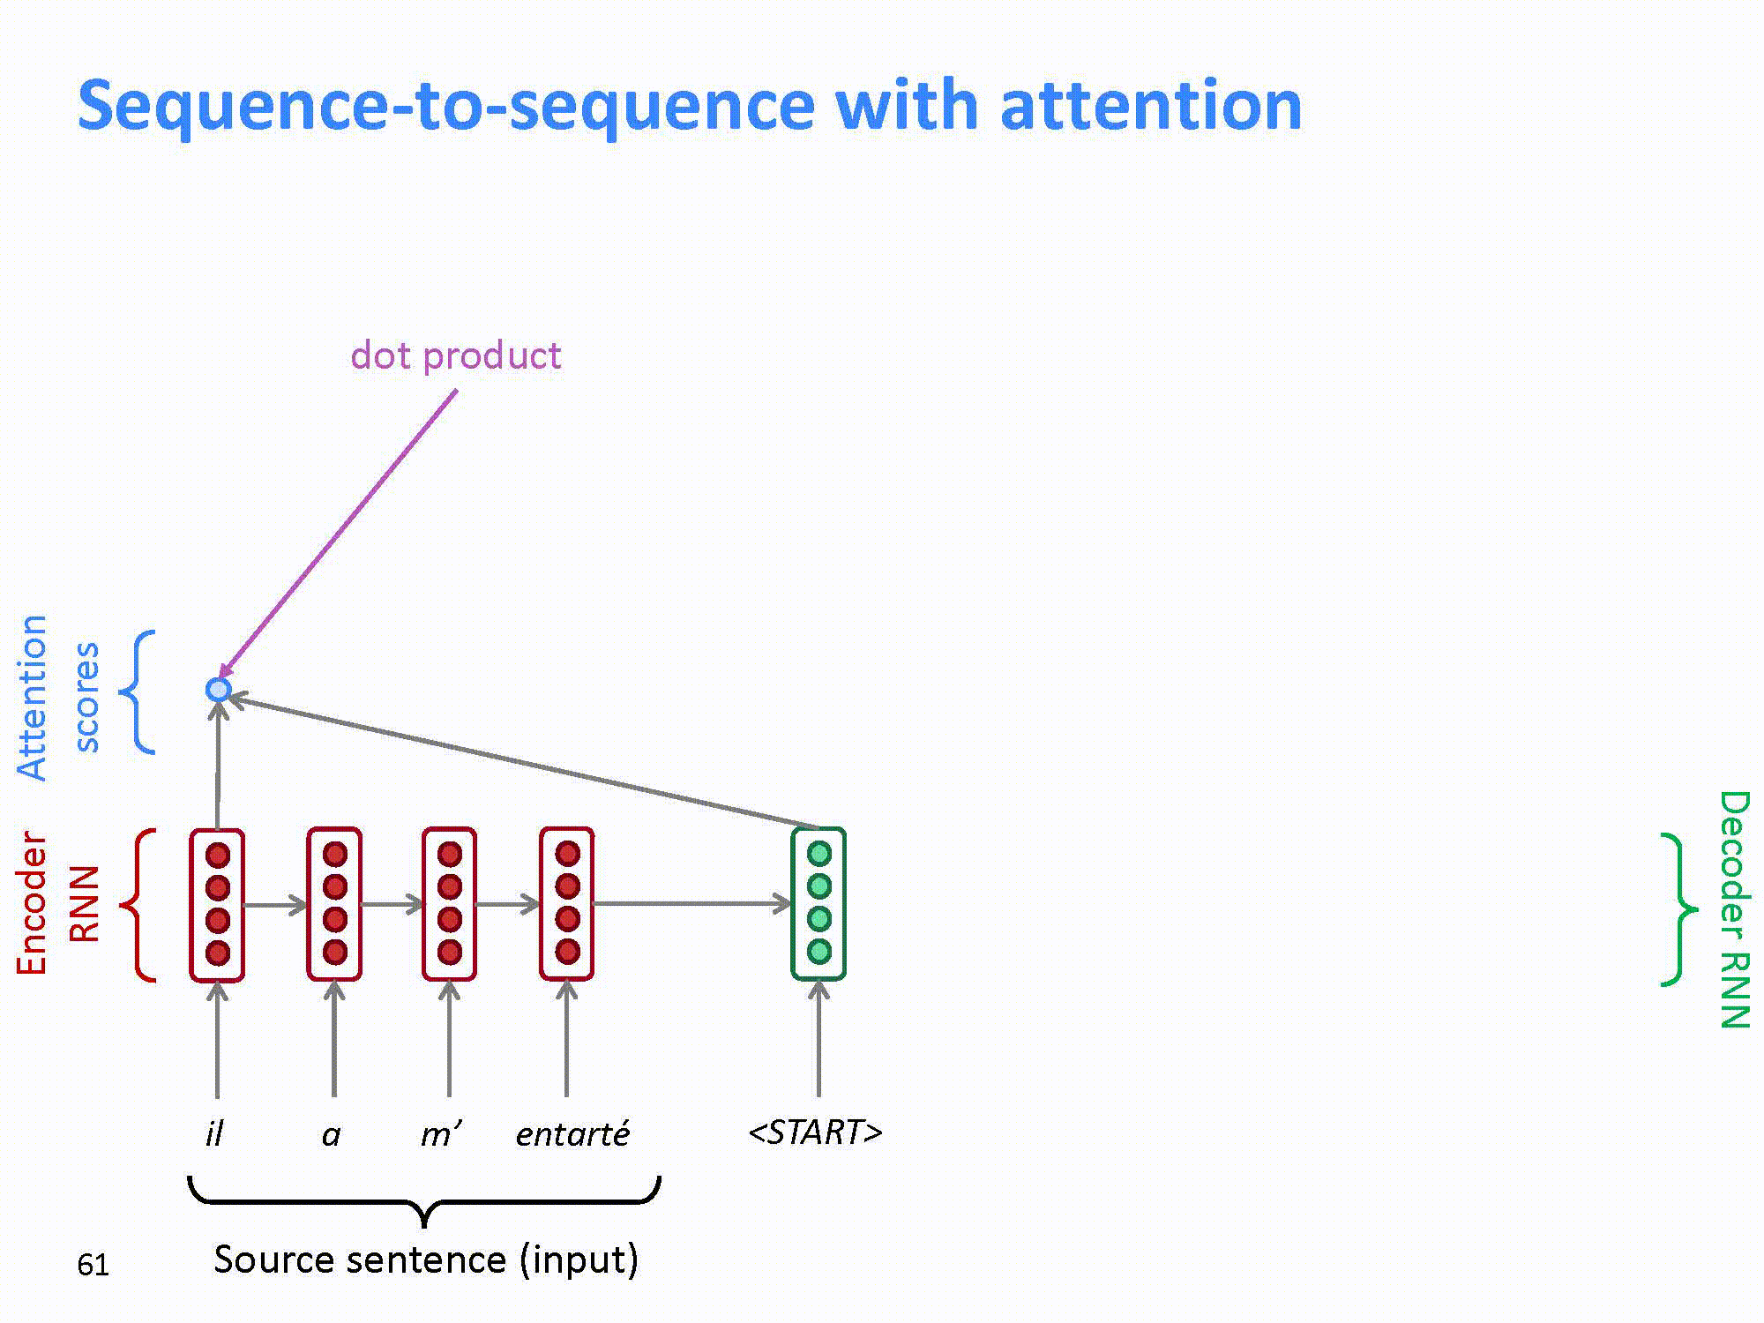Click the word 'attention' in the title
pos(1151,106)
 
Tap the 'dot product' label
pos(455,355)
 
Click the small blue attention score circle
pos(218,689)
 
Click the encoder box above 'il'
pos(217,904)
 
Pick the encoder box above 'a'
pos(334,904)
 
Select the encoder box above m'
pos(450,904)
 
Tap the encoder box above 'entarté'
pos(567,904)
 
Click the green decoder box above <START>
pos(818,904)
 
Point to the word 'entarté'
pos(572,1133)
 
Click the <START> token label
pos(815,1132)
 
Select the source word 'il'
pos(214,1133)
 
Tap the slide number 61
pos(93,1265)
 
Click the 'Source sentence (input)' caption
pos(425,1259)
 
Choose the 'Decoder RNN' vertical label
pos(1734,908)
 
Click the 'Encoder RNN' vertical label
pos(57,904)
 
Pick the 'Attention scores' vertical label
pos(57,697)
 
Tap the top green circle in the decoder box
pos(819,854)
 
